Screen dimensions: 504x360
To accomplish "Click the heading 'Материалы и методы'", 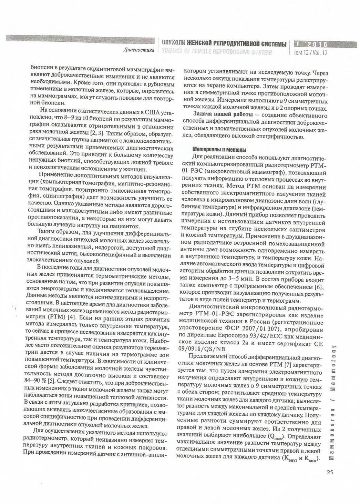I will [219, 150].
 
